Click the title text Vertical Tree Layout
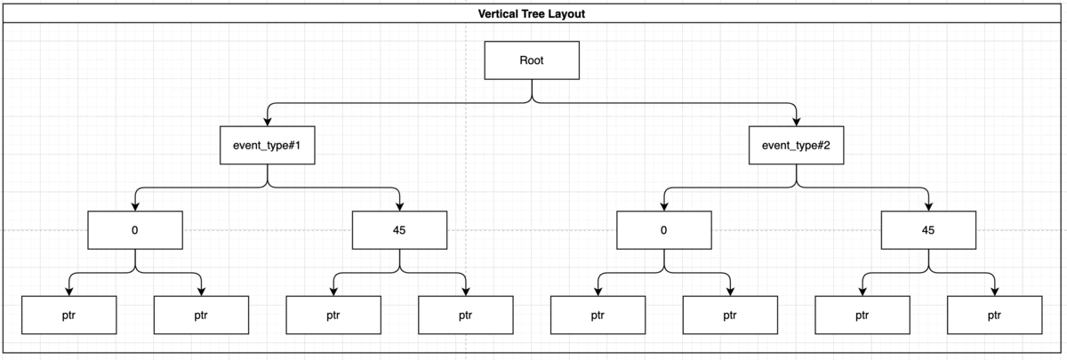tap(532, 14)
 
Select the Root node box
tap(532, 60)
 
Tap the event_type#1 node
tap(268, 145)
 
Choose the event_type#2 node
tap(797, 145)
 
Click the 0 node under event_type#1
tap(135, 230)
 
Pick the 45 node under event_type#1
tap(399, 230)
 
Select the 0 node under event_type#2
tap(664, 230)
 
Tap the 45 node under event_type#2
tap(928, 230)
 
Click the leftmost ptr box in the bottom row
tap(68, 315)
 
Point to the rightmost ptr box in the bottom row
tap(994, 315)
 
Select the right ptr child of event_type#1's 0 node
tap(201, 315)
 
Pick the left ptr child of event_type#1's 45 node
tap(333, 315)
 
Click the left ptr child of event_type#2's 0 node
tap(598, 315)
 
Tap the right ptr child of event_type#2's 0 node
tap(730, 315)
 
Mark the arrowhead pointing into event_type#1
tap(268, 122)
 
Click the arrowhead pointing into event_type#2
tap(797, 122)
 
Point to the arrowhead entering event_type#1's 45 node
tap(399, 206)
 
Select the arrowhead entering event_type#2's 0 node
tap(664, 206)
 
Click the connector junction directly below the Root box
tap(532, 102)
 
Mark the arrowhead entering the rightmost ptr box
tap(994, 291)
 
